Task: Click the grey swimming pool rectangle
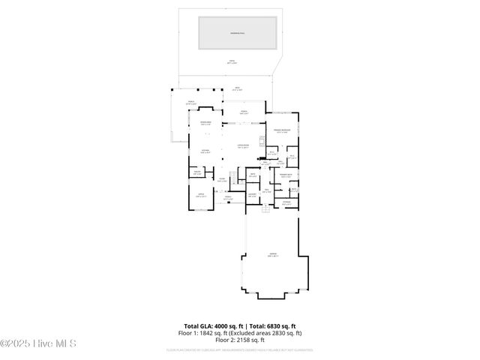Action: click(237, 32)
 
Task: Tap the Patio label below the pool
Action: click(232, 63)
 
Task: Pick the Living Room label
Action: click(242, 146)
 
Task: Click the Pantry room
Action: click(197, 172)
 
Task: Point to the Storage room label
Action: click(286, 202)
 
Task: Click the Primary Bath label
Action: click(286, 175)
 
